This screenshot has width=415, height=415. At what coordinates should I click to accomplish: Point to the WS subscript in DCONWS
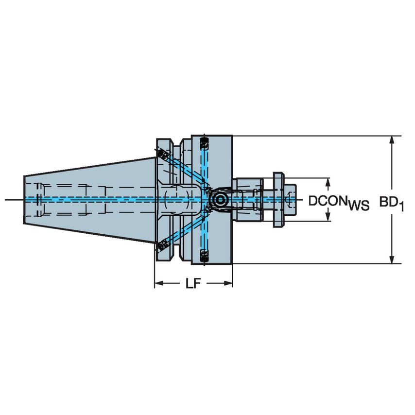(x=359, y=206)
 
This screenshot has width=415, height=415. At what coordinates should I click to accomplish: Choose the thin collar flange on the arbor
(x=277, y=199)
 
